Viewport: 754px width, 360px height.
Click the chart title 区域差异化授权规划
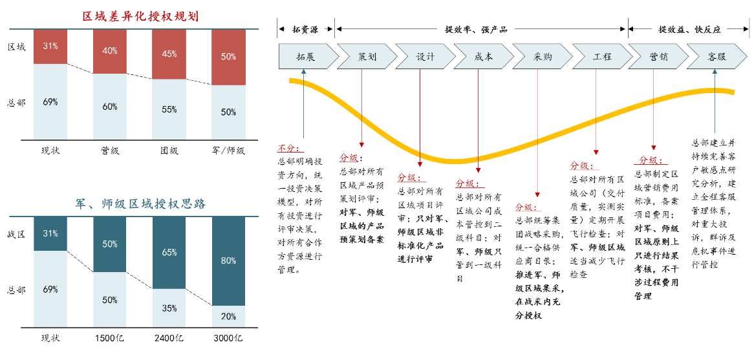(140, 17)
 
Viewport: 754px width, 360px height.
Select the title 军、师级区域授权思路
(140, 204)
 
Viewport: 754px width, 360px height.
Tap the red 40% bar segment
(109, 51)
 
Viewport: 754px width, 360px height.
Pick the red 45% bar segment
(169, 54)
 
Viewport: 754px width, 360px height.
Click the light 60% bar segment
(109, 107)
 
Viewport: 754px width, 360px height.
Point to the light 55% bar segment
(169, 109)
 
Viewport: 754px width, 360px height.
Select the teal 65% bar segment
(169, 253)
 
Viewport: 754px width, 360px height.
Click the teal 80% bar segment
(228, 261)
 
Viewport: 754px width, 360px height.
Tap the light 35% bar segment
(169, 308)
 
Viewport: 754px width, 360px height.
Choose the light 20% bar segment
(228, 316)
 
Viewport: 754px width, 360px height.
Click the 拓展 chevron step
(307, 56)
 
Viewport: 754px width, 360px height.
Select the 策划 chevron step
(366, 56)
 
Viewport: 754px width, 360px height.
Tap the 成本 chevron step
(483, 56)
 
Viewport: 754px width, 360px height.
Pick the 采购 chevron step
(542, 56)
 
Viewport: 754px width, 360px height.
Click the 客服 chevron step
(716, 56)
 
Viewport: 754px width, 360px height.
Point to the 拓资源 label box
(305, 29)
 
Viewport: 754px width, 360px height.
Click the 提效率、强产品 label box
(475, 29)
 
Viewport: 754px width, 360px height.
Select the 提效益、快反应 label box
(689, 29)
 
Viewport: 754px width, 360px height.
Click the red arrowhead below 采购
(537, 194)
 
